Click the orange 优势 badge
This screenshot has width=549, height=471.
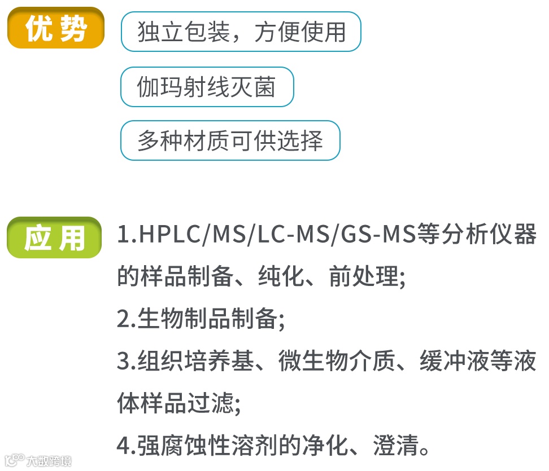tap(55, 29)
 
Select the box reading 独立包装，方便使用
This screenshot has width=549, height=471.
tap(241, 32)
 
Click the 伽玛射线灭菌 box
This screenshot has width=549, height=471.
tap(207, 87)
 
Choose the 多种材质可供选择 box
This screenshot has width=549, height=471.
tap(230, 140)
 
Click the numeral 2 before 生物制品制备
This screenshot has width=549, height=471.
tap(124, 319)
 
